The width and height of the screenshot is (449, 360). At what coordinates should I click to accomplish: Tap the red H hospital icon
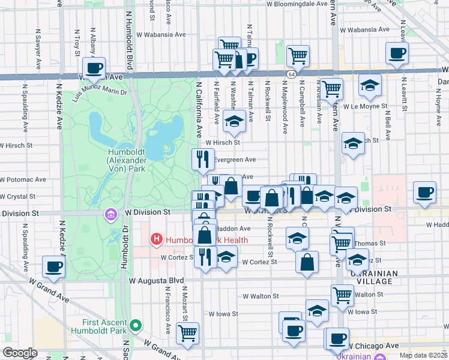pyautogui.click(x=157, y=239)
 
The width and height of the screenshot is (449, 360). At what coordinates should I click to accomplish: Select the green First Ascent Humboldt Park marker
pyautogui.click(x=136, y=326)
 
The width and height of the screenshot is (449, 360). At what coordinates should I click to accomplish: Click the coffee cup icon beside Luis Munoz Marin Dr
pyautogui.click(x=93, y=69)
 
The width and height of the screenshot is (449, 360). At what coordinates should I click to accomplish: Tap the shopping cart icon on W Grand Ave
pyautogui.click(x=188, y=332)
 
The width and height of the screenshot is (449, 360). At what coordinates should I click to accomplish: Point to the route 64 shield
pyautogui.click(x=291, y=74)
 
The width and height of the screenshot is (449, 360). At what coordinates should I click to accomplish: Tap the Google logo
pyautogui.click(x=19, y=352)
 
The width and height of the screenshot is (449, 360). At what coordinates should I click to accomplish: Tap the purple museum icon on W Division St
pyautogui.click(x=110, y=214)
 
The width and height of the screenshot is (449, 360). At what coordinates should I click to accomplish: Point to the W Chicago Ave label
pyautogui.click(x=373, y=346)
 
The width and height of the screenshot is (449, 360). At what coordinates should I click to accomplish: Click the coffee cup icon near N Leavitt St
pyautogui.click(x=397, y=53)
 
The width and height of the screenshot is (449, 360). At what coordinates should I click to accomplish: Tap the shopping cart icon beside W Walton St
pyautogui.click(x=342, y=294)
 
